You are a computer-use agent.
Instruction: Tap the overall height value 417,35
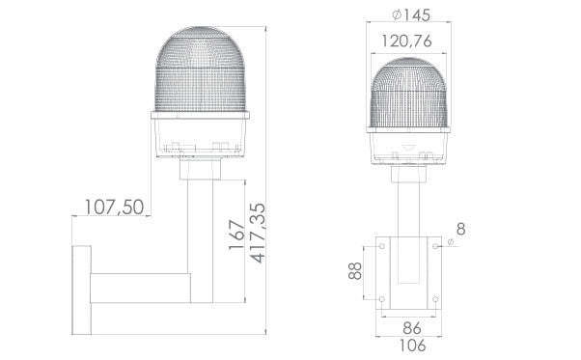pyautogui.click(x=256, y=235)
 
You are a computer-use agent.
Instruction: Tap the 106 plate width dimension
pyautogui.click(x=410, y=345)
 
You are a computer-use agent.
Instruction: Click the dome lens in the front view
pyautogui.click(x=411, y=92)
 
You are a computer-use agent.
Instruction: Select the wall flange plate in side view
pyautogui.click(x=80, y=288)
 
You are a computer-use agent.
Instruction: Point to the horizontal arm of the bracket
pyautogui.click(x=145, y=288)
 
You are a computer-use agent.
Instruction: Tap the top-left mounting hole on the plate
pyautogui.click(x=383, y=247)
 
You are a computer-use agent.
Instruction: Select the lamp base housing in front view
pyautogui.click(x=411, y=145)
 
